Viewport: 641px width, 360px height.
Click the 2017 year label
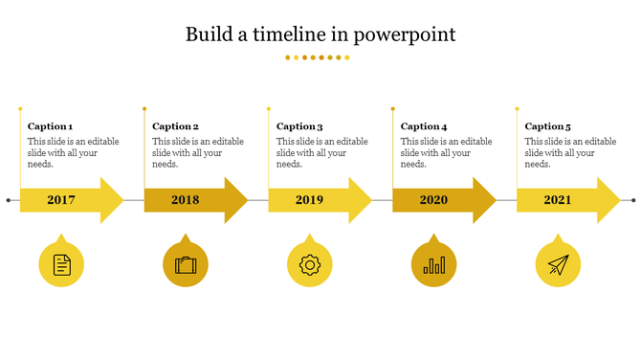click(61, 200)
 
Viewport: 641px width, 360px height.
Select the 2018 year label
click(186, 200)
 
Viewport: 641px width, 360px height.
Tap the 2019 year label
click(310, 200)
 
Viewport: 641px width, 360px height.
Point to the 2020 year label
click(433, 200)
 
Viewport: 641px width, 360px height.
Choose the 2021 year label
click(558, 200)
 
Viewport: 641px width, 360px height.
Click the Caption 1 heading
click(50, 126)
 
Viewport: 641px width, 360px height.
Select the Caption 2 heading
click(175, 126)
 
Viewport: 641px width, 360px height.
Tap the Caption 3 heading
click(299, 126)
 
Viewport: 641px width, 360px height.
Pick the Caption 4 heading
click(424, 126)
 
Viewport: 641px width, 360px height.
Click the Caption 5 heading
click(548, 126)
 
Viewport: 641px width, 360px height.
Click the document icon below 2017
click(61, 265)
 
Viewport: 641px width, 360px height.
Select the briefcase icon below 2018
click(186, 265)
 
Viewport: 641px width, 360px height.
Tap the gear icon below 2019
click(310, 265)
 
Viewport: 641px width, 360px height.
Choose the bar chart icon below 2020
click(434, 265)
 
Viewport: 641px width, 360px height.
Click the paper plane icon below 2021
click(558, 265)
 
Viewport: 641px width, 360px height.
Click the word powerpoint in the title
click(405, 35)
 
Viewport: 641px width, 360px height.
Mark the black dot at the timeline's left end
click(9, 200)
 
